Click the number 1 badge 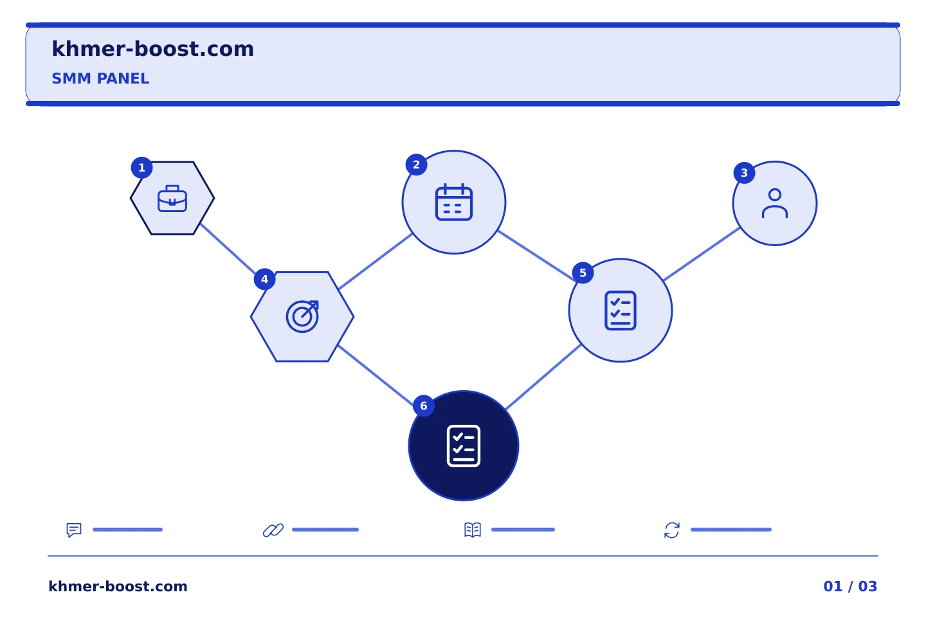[141, 168]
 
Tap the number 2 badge [416, 165]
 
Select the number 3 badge [744, 173]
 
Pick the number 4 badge [264, 280]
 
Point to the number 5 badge [583, 273]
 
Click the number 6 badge [424, 406]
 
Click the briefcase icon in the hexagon [172, 199]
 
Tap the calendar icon [454, 202]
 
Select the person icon [775, 203]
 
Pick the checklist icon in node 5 [621, 310]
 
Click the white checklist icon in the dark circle [464, 446]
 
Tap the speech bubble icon [74, 530]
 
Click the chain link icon [273, 530]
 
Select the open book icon [473, 530]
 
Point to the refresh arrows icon [672, 530]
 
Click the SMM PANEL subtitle [100, 78]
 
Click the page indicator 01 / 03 [850, 586]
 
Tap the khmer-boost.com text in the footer [118, 586]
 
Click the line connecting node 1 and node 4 [228, 249]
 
